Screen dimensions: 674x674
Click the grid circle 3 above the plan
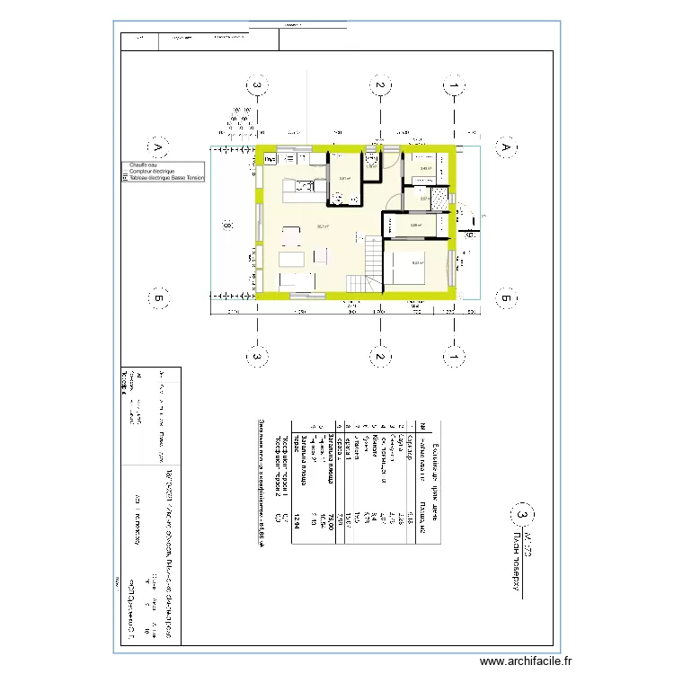click(x=257, y=86)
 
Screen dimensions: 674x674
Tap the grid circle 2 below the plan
click(x=380, y=357)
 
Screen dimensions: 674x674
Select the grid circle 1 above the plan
click(x=457, y=86)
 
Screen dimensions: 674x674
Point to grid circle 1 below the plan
click(x=457, y=357)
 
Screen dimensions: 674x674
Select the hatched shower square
click(x=439, y=200)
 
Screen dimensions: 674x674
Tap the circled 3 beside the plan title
click(x=519, y=515)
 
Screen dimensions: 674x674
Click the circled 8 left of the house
click(x=228, y=226)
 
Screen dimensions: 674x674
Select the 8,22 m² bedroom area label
click(x=417, y=262)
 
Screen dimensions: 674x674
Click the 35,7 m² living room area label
click(x=322, y=226)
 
